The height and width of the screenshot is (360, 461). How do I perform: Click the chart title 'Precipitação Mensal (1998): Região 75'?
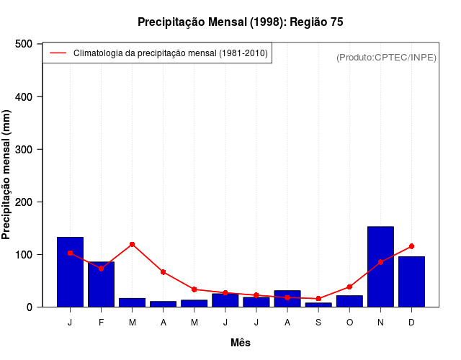[241, 22]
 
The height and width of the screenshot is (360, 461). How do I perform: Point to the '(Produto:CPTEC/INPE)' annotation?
[386, 58]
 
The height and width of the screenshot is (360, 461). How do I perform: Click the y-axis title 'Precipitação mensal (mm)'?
[7, 175]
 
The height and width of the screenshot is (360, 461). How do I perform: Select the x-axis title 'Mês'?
[241, 343]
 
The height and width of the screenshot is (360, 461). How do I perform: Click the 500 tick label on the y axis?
[24, 44]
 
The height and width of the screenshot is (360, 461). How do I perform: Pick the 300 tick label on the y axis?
[24, 149]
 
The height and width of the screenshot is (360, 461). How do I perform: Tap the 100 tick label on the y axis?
[24, 254]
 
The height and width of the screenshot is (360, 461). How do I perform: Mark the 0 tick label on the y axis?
[30, 307]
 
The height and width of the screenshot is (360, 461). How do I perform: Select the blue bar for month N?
[380, 267]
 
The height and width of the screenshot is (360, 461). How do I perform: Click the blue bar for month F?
[101, 284]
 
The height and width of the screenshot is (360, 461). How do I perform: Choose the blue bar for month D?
[411, 282]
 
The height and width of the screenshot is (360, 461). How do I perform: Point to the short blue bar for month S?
[318, 305]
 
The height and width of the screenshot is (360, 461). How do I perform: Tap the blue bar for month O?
[349, 301]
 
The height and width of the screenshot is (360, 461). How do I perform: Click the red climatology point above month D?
[411, 246]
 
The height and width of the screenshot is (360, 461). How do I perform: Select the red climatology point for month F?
[101, 269]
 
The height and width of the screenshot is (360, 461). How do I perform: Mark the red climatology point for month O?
[349, 287]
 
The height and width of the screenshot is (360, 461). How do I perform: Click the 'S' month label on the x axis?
[318, 323]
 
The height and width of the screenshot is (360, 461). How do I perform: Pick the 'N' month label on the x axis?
[380, 323]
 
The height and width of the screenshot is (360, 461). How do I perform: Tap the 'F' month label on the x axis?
[101, 323]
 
